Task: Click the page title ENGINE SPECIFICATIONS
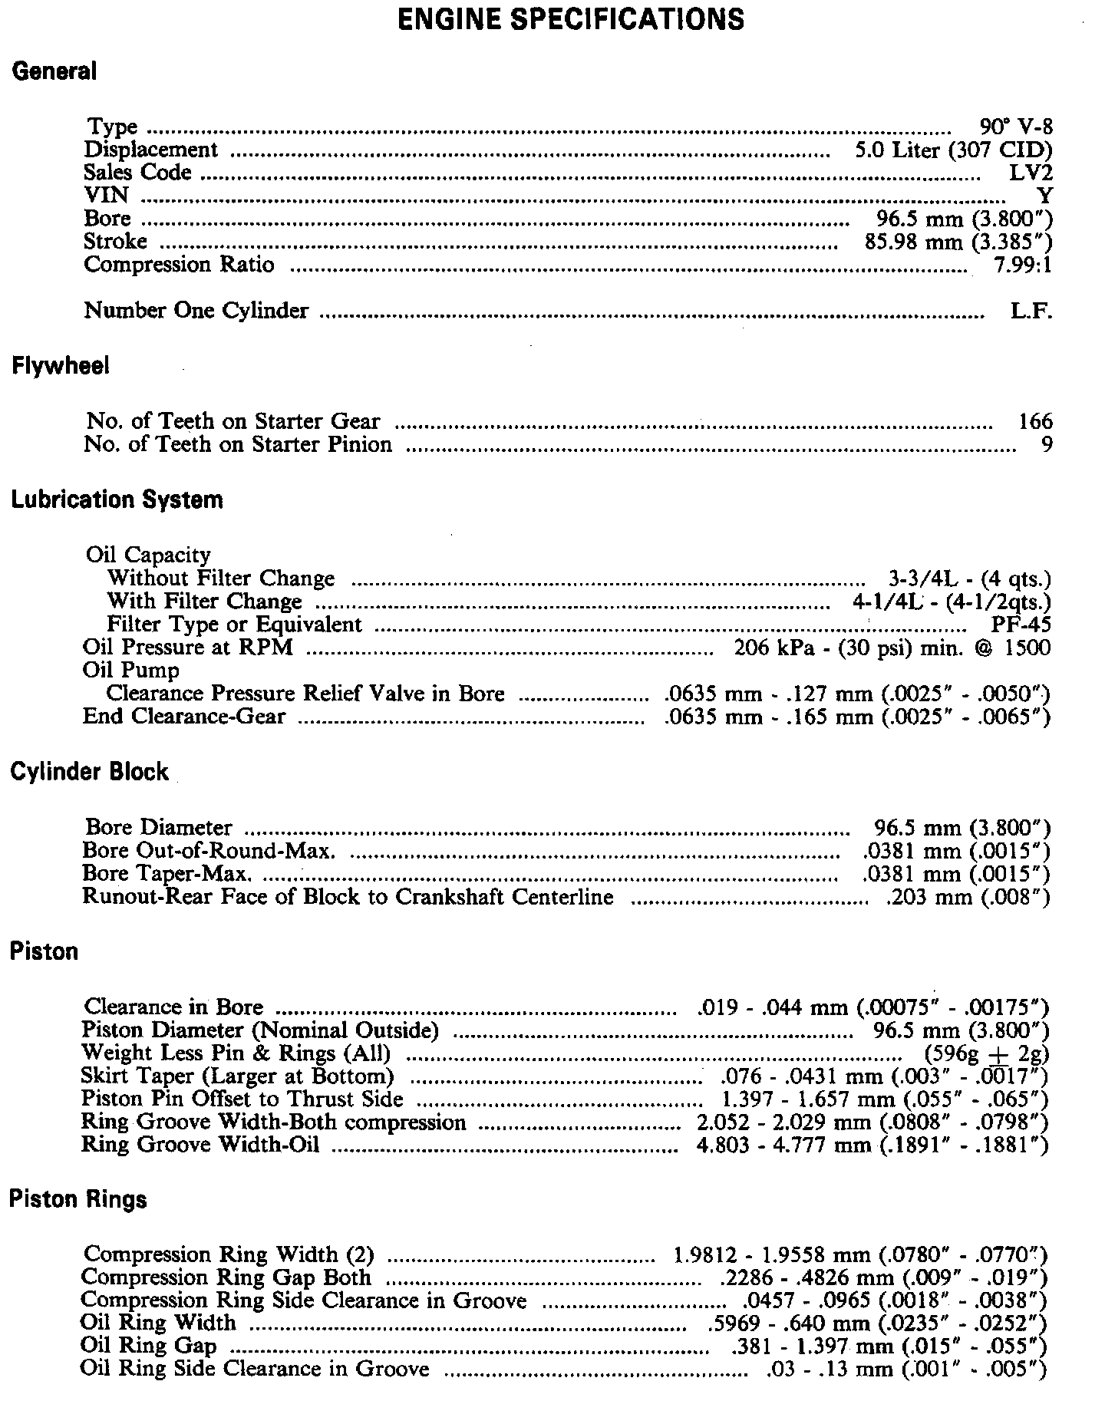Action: coord(572,18)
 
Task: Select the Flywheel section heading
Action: coord(61,366)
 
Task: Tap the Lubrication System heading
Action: coord(117,499)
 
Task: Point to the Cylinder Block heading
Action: coord(89,771)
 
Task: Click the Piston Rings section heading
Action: coord(78,1198)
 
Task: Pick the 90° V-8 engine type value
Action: coord(1016,127)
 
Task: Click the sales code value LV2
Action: coord(1031,173)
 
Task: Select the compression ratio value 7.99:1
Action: coord(1022,265)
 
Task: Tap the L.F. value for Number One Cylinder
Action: coord(1031,311)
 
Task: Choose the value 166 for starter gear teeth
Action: coord(1035,421)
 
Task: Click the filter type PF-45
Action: coord(1021,625)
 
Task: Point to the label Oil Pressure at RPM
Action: coord(188,648)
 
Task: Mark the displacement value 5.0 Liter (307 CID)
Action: coord(954,150)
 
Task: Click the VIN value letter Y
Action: coord(1044,196)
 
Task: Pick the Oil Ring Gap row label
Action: coord(148,1346)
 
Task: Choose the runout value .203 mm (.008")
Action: coord(968,897)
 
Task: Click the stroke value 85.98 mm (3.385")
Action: coord(954,242)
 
